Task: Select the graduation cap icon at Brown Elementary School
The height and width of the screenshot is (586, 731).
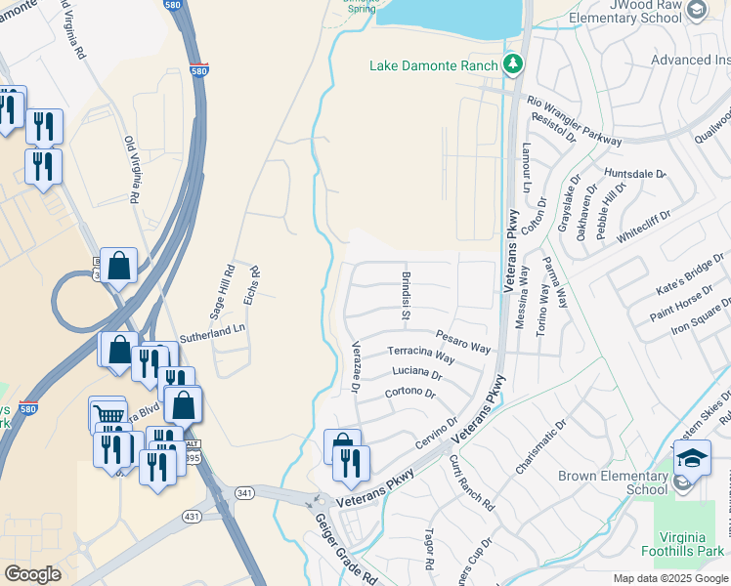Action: click(692, 456)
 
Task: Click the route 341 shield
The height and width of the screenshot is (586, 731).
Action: click(244, 493)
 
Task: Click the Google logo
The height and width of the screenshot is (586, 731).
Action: click(32, 574)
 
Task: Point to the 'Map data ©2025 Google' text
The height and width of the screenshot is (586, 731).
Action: click(670, 578)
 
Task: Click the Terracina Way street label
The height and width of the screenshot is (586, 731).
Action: click(421, 354)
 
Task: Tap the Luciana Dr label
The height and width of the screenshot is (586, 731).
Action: click(417, 373)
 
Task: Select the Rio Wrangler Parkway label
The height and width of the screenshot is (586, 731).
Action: click(574, 120)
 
